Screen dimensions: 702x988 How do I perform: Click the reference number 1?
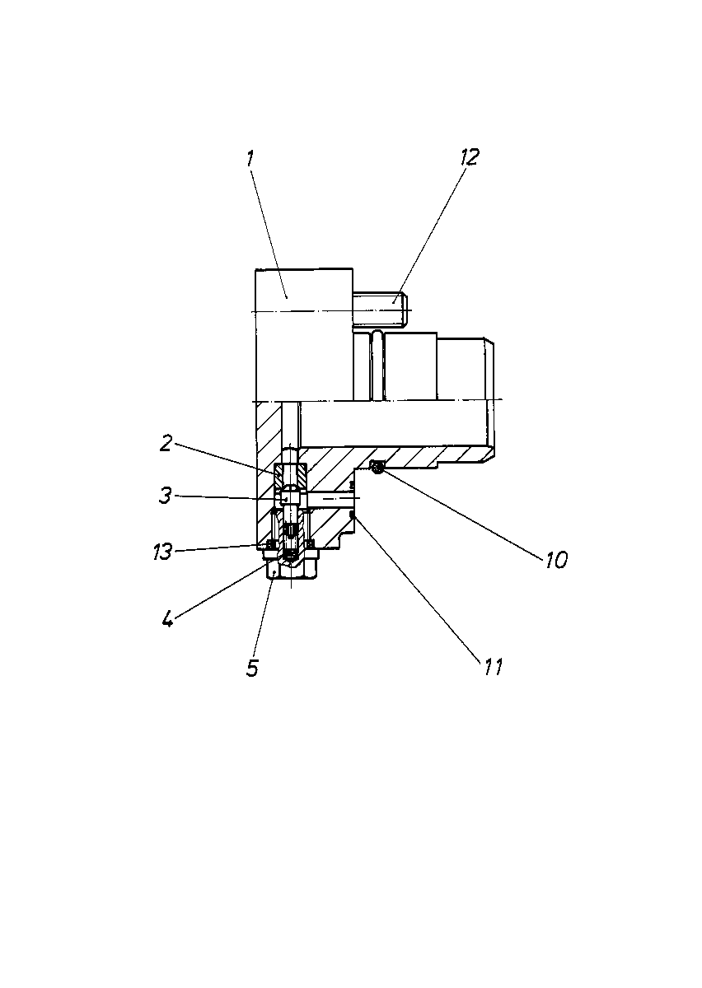[250, 159]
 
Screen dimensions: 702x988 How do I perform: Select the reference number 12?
[470, 157]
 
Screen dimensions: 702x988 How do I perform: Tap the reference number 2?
[166, 443]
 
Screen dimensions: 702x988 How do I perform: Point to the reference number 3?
[165, 496]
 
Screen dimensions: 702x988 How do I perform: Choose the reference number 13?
[162, 552]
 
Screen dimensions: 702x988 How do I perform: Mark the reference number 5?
[252, 668]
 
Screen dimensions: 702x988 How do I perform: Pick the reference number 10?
[556, 560]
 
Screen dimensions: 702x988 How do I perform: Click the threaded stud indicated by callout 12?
[381, 310]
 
